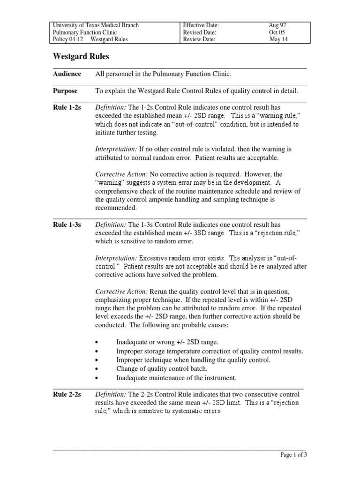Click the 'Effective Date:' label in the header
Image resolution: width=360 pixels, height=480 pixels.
[201, 25]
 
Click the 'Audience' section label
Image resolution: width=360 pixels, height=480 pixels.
[67, 74]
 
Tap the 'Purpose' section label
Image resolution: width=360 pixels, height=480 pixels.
[66, 91]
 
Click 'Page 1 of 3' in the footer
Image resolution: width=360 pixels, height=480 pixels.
[293, 455]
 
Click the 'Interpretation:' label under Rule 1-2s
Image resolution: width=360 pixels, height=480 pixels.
[116, 149]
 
